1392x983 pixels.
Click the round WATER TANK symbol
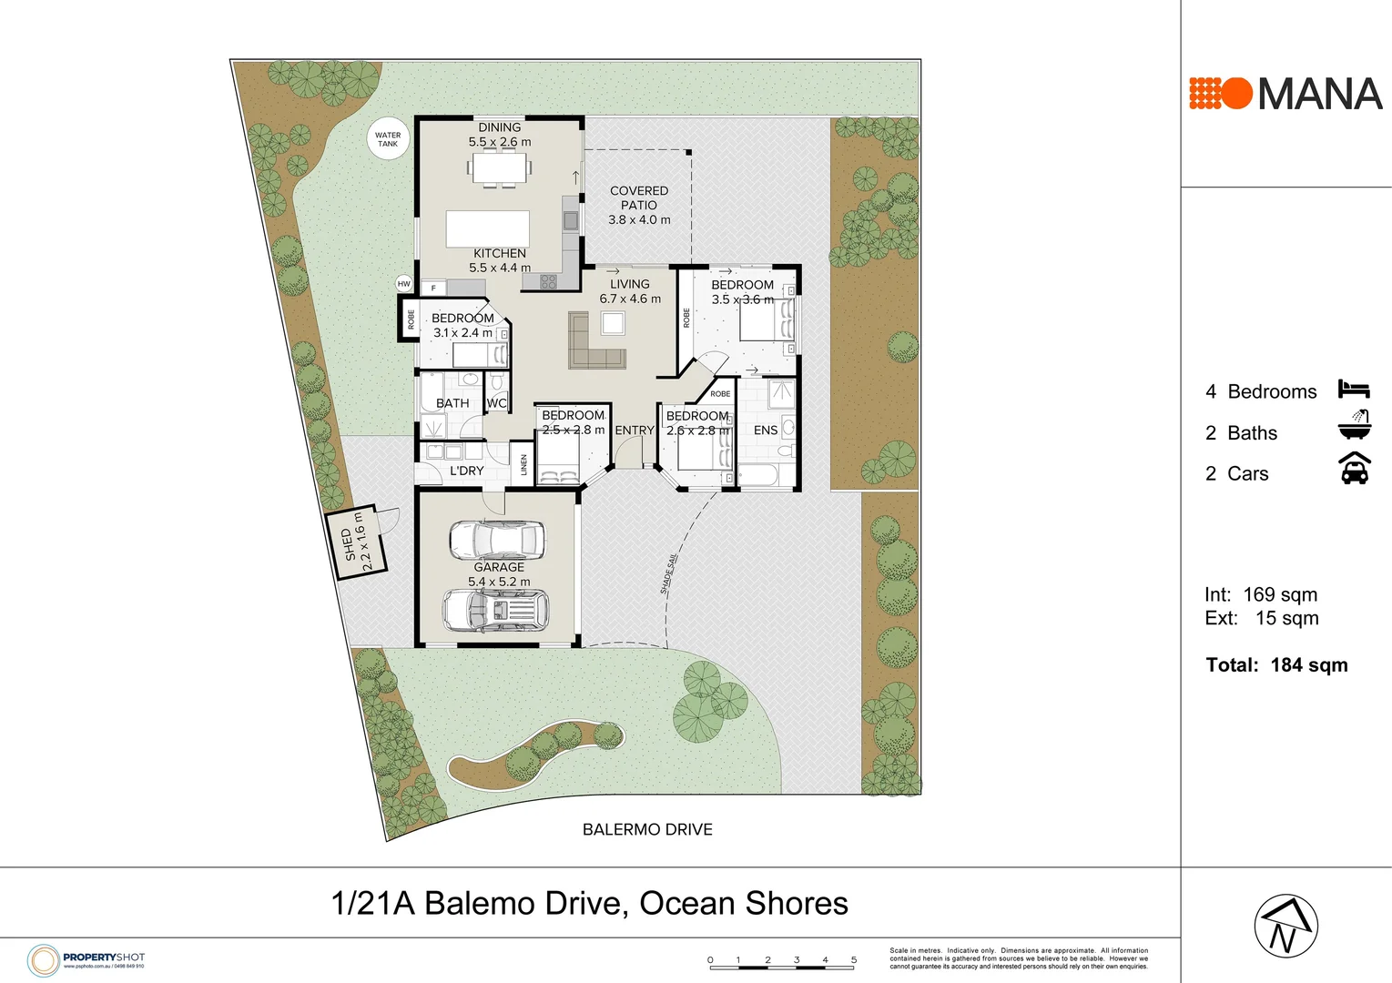point(388,139)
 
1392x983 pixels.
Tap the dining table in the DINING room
point(499,168)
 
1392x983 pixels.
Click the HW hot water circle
point(404,284)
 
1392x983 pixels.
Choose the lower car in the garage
point(496,610)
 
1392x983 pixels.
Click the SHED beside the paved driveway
point(357,542)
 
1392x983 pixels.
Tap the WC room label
point(496,403)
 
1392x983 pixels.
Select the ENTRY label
point(635,431)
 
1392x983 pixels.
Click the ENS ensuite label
point(766,431)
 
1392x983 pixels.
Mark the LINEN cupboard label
point(524,465)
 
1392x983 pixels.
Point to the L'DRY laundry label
point(467,471)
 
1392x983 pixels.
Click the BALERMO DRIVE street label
point(647,829)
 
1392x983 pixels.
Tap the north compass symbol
point(1285,927)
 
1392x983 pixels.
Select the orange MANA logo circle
point(1235,94)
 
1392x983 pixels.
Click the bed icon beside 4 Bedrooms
point(1354,390)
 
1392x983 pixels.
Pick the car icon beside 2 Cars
point(1355,469)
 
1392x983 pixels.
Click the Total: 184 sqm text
point(1276,665)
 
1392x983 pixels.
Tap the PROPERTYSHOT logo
point(86,959)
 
